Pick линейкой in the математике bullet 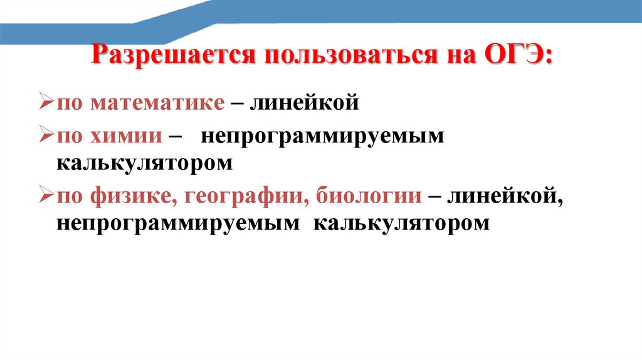pos(305,102)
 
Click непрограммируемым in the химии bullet pos(322,136)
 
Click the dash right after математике pos(238,102)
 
